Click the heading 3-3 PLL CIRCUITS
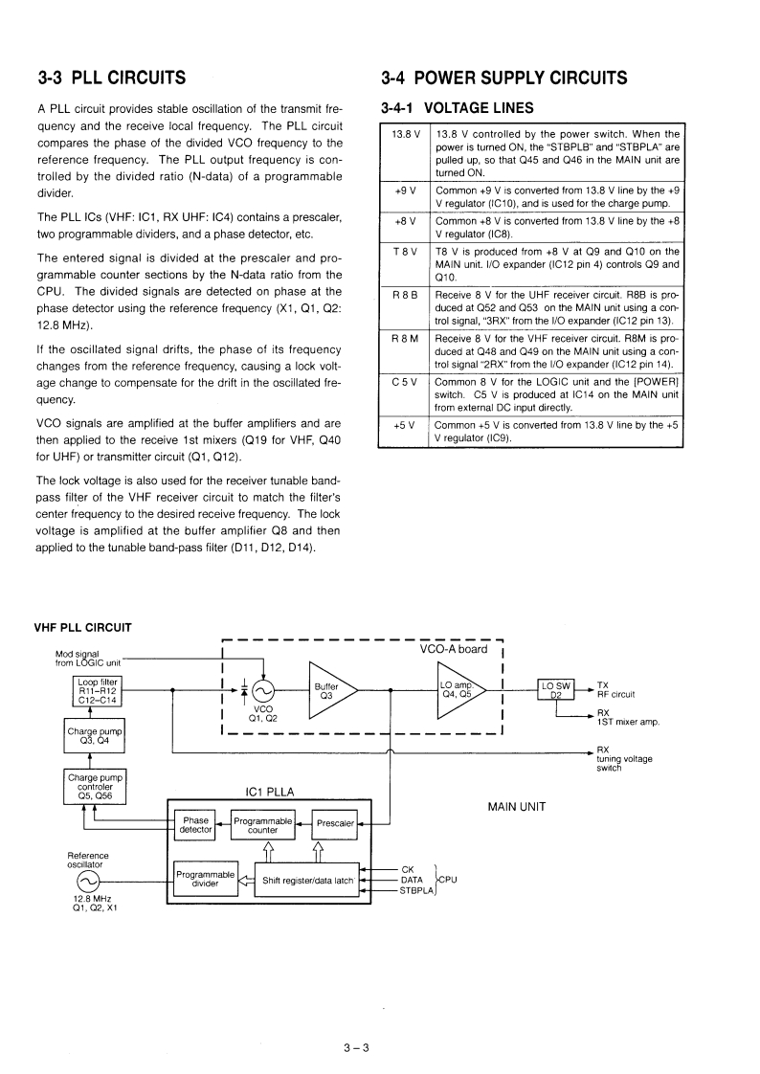pos(110,78)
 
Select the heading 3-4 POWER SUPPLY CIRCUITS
pos(503,78)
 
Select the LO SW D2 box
pos(556,689)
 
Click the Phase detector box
pos(195,825)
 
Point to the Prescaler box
pos(335,824)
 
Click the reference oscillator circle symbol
pos(87,881)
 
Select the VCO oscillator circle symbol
pos(260,689)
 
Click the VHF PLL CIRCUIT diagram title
pos(82,627)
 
